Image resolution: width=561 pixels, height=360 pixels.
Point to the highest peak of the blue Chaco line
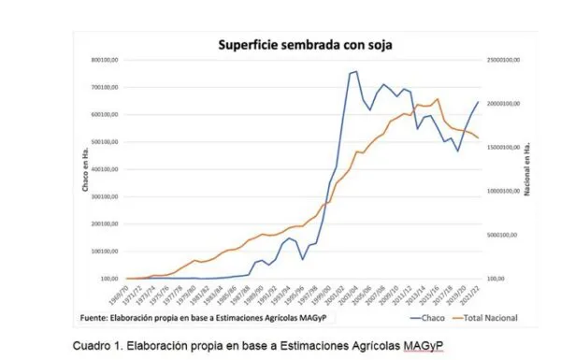point(355,71)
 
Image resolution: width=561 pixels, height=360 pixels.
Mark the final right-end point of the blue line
point(478,102)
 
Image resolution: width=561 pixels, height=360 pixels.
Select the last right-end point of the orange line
point(478,138)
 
